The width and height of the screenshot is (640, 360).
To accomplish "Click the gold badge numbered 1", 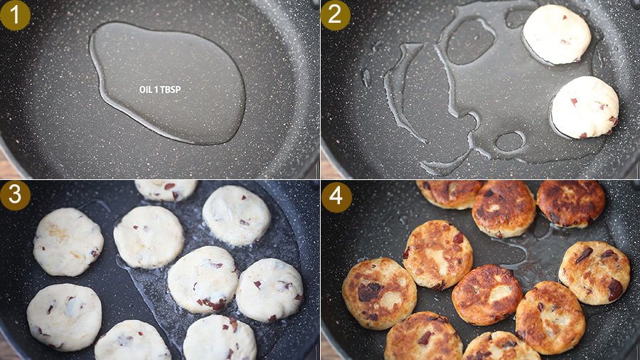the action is click(x=15, y=15).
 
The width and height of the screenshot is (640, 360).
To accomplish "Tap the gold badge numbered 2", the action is click(x=335, y=15).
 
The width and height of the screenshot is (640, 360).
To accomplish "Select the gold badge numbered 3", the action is click(x=15, y=195).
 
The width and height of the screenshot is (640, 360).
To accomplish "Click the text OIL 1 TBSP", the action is click(x=160, y=90).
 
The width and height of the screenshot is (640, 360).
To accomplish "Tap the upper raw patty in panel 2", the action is click(x=557, y=34).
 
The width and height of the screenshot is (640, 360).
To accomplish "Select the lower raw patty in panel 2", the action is click(x=585, y=107).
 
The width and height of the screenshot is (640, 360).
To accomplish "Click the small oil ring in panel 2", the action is click(x=510, y=141).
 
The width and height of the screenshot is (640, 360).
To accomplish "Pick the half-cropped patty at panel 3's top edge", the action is click(x=166, y=190).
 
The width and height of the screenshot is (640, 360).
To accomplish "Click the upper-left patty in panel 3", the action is click(x=68, y=242).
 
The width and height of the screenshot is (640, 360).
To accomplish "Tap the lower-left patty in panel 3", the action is click(x=64, y=317).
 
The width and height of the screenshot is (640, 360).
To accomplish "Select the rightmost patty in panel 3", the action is click(x=270, y=290).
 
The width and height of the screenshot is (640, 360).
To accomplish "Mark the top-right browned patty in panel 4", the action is click(x=570, y=203).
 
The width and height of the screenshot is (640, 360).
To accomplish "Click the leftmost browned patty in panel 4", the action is click(x=379, y=293).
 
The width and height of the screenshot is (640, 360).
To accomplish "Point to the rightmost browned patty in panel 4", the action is click(x=594, y=272).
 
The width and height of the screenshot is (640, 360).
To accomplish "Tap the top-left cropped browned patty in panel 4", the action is click(x=449, y=194).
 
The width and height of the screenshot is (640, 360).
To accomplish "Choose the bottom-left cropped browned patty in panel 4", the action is click(x=423, y=337).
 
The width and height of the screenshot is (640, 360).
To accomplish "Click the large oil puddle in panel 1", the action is click(x=167, y=83).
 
